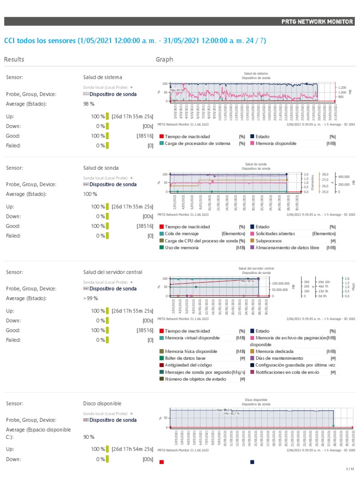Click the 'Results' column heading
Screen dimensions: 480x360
point(14,60)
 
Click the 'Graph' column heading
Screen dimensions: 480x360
point(164,60)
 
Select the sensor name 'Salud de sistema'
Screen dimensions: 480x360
point(103,77)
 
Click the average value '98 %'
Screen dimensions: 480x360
point(89,104)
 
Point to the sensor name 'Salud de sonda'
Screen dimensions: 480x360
point(101,167)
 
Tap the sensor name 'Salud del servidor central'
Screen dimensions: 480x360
point(112,272)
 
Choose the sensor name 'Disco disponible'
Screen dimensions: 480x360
point(102,403)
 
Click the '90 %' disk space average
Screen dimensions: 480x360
point(89,437)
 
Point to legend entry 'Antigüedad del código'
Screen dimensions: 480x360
point(189,365)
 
